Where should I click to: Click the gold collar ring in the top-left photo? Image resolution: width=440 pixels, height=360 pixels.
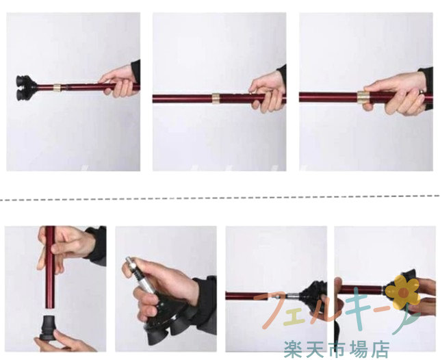(57, 88)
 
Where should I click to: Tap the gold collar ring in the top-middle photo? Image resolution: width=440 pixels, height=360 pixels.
(216, 98)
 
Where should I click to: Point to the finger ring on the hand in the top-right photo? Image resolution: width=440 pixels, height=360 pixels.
(422, 92)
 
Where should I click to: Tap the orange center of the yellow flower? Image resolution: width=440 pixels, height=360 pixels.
(403, 292)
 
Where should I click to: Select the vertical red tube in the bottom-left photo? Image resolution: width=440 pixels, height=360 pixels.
(51, 268)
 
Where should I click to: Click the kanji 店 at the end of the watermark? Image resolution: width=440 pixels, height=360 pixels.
(380, 349)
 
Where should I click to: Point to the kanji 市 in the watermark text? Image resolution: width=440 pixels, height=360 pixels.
(337, 349)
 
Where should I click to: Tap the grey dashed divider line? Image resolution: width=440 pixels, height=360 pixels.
(220, 198)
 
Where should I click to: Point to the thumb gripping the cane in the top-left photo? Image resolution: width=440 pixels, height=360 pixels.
(108, 79)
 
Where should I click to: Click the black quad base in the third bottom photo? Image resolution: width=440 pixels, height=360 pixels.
(314, 294)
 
